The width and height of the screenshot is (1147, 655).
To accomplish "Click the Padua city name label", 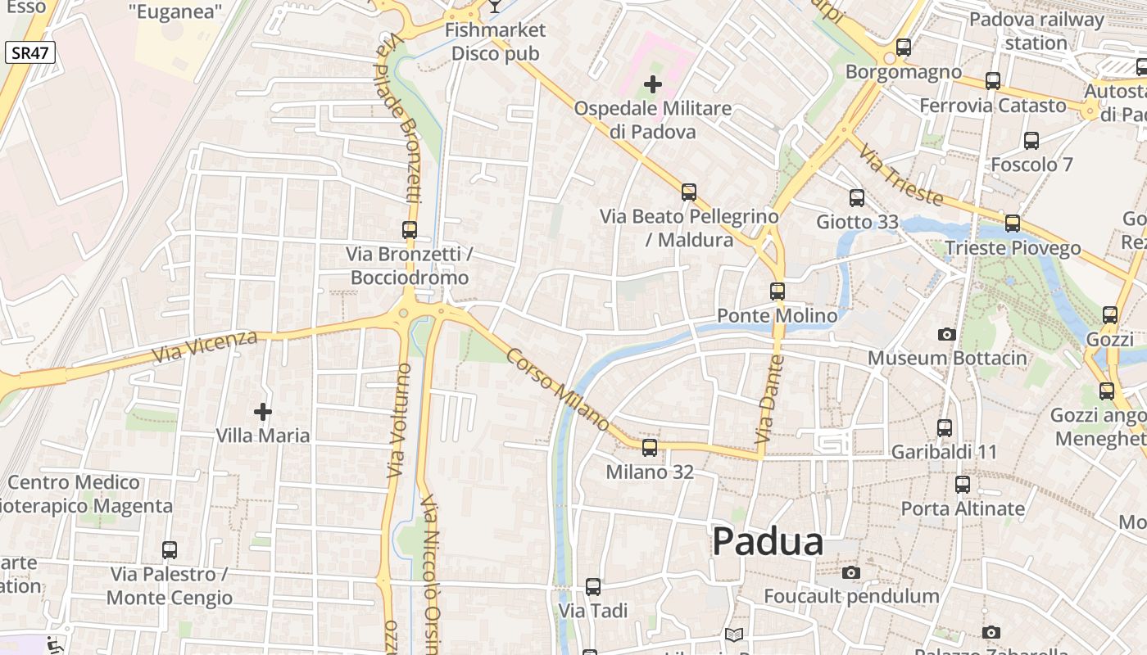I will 768,542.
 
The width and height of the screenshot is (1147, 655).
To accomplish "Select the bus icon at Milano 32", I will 650,448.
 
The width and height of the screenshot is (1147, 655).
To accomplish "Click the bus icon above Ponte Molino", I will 778,291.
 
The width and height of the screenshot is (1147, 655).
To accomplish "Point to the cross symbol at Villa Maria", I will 263,411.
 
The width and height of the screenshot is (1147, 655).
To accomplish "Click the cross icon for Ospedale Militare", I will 653,84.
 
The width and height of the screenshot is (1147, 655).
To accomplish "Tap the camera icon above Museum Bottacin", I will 947,334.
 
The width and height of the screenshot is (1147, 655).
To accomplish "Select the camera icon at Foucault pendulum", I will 852,572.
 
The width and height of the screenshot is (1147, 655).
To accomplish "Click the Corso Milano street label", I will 558,390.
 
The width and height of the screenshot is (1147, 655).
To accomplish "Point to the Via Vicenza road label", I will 205,347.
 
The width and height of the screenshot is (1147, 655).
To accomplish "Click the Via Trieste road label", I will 902,173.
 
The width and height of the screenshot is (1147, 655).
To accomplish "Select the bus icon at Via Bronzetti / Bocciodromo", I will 410,230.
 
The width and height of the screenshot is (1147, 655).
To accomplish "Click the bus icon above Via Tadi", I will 593,587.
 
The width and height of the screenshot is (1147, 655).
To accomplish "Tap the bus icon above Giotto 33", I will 857,197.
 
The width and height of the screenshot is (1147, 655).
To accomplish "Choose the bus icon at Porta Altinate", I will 963,485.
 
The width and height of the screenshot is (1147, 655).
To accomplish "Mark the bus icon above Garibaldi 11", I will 945,427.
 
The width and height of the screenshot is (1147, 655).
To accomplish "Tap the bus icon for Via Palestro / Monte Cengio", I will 170,550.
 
